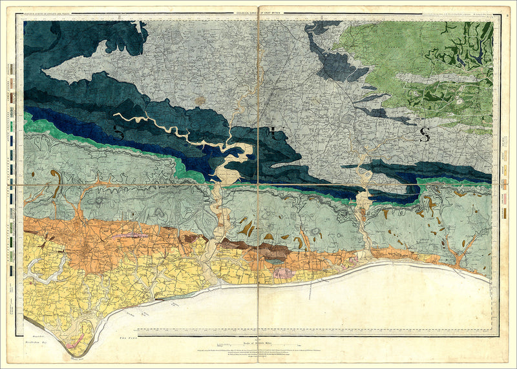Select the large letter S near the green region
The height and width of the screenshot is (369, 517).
[x=425, y=135]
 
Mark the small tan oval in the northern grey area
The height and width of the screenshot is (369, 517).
[x=201, y=101]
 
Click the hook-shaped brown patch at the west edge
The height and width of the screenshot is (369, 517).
[x=57, y=181]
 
